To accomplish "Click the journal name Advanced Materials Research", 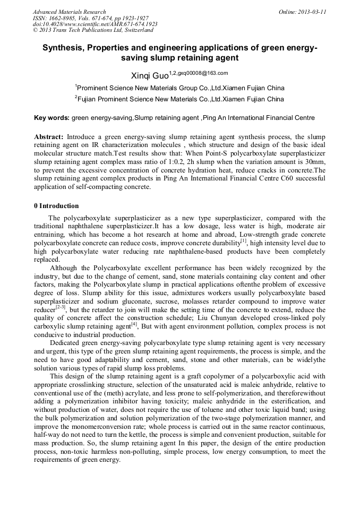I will [69, 12].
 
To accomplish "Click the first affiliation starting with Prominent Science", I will [181, 88].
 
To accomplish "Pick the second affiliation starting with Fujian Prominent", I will [181, 99].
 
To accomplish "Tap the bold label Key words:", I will [52, 118].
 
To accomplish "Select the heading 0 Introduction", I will [56, 206].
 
